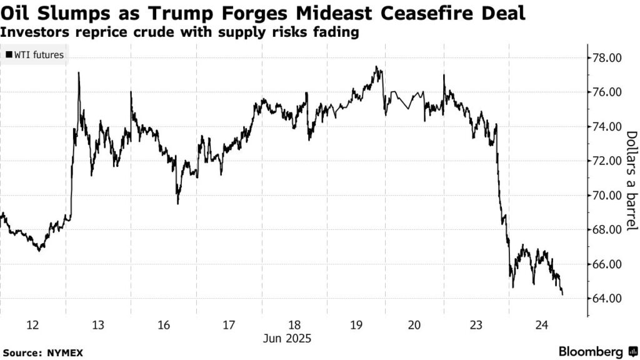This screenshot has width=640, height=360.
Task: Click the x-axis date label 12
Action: click(x=32, y=324)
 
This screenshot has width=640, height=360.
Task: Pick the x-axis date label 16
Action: click(x=164, y=324)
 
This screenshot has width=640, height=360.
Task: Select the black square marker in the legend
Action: click(x=8, y=55)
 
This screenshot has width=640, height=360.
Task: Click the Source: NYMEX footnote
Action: click(x=42, y=352)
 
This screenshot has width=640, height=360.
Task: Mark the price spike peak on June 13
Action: click(x=79, y=73)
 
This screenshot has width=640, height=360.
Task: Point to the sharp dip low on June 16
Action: click(x=177, y=203)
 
